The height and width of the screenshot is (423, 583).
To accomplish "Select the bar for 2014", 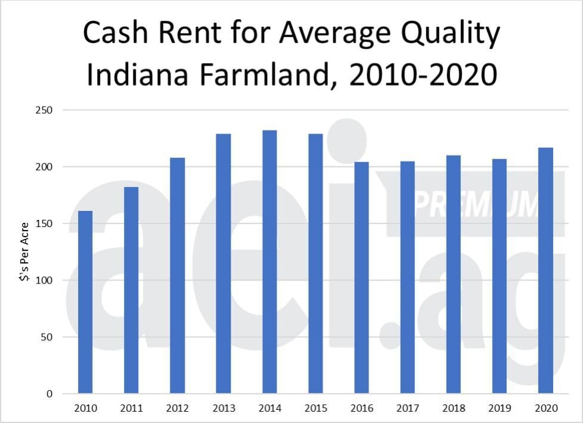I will [269, 262].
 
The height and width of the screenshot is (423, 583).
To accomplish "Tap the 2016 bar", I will [361, 278].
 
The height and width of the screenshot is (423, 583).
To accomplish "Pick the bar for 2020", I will [545, 270].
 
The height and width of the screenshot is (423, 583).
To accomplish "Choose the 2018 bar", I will [454, 274].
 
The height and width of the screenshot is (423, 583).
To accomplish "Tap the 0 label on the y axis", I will [50, 394].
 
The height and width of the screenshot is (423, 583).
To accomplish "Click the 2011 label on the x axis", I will [132, 409].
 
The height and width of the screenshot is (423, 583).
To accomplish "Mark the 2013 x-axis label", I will [224, 409].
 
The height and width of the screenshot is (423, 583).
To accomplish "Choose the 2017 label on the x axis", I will [408, 409].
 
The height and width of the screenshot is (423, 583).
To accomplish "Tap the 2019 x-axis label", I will [500, 409].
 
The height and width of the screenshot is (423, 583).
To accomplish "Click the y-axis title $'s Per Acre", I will [24, 251].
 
